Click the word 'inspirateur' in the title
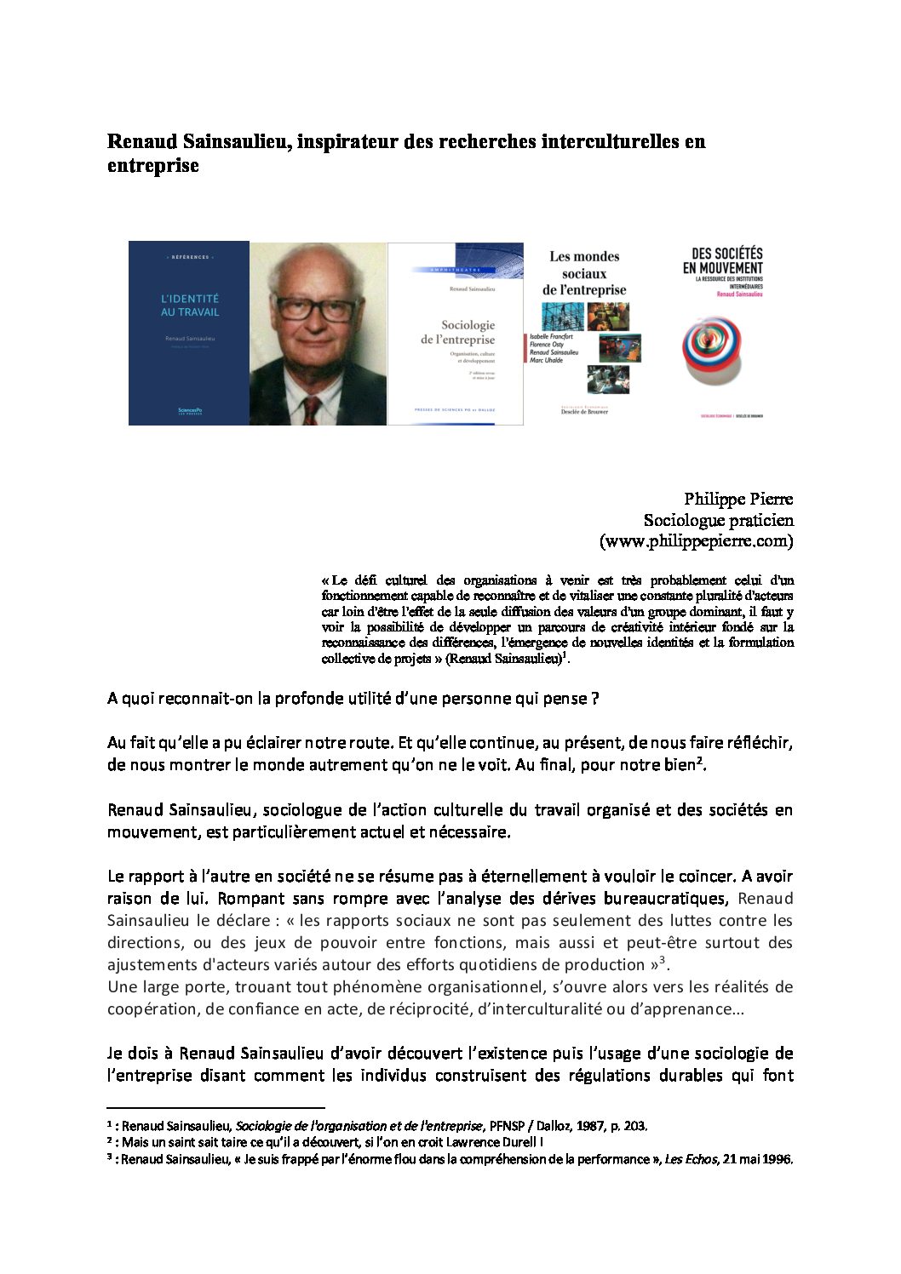[x=347, y=141]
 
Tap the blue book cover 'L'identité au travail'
[x=189, y=332]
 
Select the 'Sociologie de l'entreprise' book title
[x=456, y=332]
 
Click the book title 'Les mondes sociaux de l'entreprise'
[x=584, y=273]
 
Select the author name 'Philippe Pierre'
[x=737, y=499]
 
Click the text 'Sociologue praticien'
[x=718, y=520]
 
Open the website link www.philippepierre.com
[x=696, y=541]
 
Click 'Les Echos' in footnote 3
[x=690, y=1159]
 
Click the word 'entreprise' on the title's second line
[x=152, y=165]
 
